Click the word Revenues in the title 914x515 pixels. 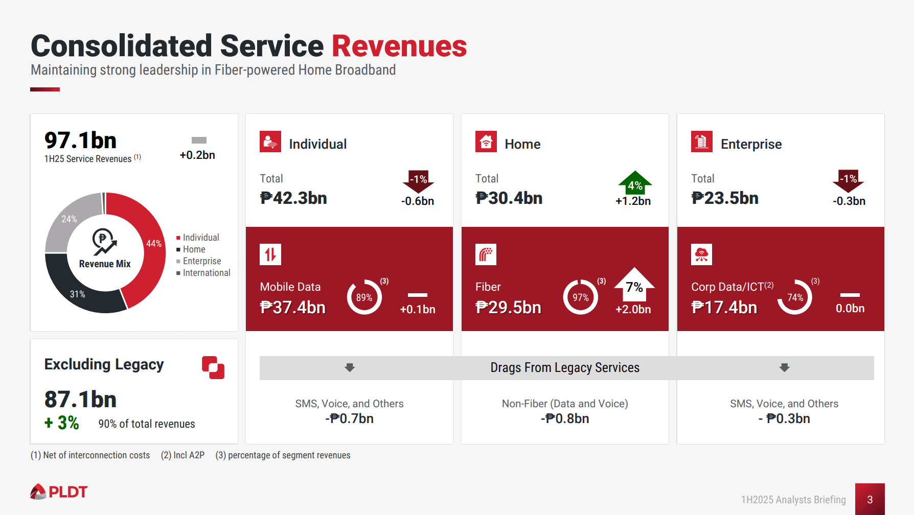[399, 46]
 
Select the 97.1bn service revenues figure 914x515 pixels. [80, 141]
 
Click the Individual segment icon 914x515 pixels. [270, 142]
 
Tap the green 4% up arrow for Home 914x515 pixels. [634, 183]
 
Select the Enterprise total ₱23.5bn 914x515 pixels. [724, 198]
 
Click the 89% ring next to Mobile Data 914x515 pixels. [364, 297]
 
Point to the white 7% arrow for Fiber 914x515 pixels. [634, 285]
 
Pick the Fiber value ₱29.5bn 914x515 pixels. [508, 307]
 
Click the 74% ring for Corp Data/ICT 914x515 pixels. [795, 297]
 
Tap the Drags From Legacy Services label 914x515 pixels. [564, 368]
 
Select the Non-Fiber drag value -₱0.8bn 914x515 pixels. [565, 418]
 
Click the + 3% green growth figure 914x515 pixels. [62, 423]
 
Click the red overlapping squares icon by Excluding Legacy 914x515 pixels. [213, 367]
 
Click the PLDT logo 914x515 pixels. [59, 491]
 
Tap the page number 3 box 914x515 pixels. [870, 499]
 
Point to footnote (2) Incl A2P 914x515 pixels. [182, 455]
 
